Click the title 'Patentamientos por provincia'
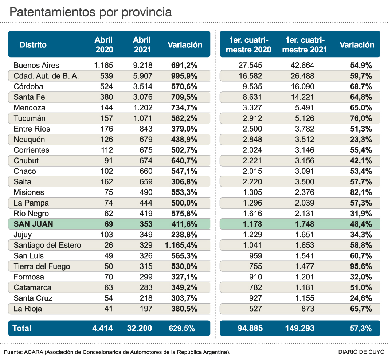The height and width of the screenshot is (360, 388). (x=90, y=12)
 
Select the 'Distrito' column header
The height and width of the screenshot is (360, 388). (x=33, y=45)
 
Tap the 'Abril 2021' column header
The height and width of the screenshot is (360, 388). (x=142, y=45)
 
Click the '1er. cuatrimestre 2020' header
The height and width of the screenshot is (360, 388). (x=248, y=45)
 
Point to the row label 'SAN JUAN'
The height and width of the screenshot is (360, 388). (x=33, y=224)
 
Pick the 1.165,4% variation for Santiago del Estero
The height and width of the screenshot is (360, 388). (x=181, y=245)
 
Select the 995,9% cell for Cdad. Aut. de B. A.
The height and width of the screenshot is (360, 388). (x=184, y=76)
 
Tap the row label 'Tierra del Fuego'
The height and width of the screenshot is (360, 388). (x=42, y=266)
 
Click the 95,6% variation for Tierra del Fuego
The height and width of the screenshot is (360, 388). (x=361, y=266)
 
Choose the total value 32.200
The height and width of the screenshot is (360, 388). (x=140, y=328)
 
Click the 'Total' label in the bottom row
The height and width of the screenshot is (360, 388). (x=22, y=328)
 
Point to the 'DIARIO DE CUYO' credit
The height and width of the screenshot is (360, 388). (x=359, y=352)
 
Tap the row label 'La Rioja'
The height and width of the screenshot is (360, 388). (x=28, y=309)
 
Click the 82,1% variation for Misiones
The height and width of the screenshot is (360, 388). (x=361, y=192)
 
